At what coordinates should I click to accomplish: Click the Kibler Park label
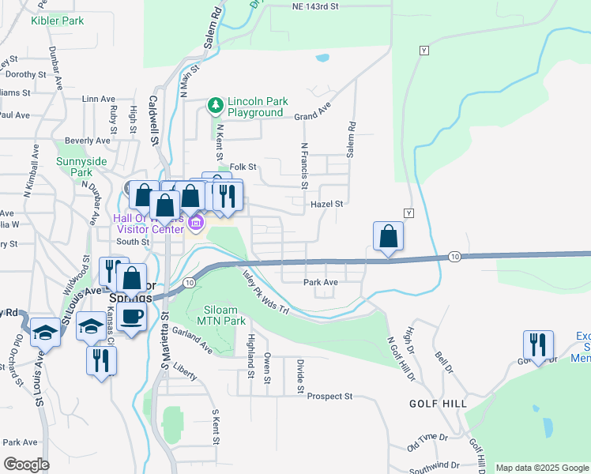(x=57, y=21)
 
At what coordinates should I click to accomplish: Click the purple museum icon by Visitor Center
(x=195, y=224)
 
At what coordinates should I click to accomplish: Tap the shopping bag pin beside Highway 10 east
(x=388, y=236)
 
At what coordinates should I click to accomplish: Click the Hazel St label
(x=327, y=204)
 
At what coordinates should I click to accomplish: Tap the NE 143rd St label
(x=314, y=6)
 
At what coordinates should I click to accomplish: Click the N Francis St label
(x=303, y=165)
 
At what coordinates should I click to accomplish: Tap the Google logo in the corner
(x=26, y=465)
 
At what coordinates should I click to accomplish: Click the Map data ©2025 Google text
(x=541, y=468)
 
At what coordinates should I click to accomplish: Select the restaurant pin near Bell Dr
(x=538, y=345)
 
